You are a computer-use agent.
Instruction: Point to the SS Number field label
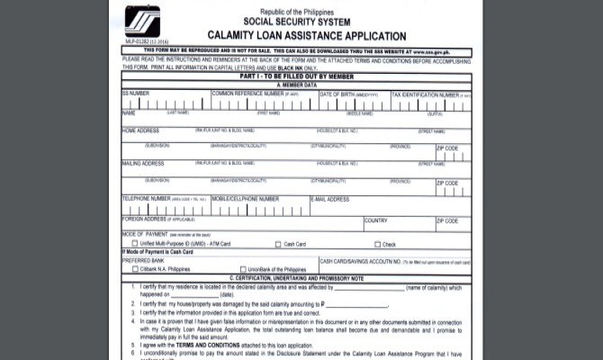[137, 94]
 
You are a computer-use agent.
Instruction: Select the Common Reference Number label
[248, 94]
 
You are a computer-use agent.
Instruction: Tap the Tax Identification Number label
[423, 94]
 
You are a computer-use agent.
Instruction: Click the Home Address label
[141, 130]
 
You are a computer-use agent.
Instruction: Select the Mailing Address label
[143, 164]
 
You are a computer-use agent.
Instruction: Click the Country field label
[376, 220]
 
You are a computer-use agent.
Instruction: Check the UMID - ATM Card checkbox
[134, 244]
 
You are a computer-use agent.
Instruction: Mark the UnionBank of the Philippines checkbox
[239, 269]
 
